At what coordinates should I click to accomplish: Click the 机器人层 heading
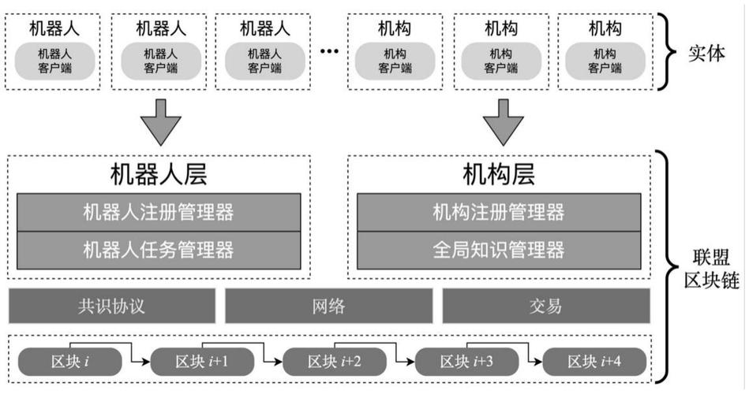pyautogui.click(x=158, y=175)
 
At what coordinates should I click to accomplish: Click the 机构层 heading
pyautogui.click(x=498, y=175)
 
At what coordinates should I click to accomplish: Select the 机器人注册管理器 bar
pyautogui.click(x=158, y=212)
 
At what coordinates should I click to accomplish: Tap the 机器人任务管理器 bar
pyautogui.click(x=158, y=251)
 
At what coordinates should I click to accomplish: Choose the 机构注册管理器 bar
pyautogui.click(x=498, y=212)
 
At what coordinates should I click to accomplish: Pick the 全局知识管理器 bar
pyautogui.click(x=498, y=251)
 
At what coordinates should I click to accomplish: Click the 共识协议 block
pyautogui.click(x=111, y=306)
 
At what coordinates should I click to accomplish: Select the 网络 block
pyautogui.click(x=329, y=306)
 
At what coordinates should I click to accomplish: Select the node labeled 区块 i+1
pyautogui.click(x=202, y=362)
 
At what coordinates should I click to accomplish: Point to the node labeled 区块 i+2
pyautogui.click(x=334, y=362)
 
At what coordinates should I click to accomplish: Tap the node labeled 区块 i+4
pyautogui.click(x=594, y=362)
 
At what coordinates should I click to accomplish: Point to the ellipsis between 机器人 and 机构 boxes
pyautogui.click(x=329, y=52)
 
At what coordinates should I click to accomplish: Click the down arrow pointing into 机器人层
pyautogui.click(x=159, y=121)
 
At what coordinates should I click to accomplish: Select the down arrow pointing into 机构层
pyautogui.click(x=504, y=121)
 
